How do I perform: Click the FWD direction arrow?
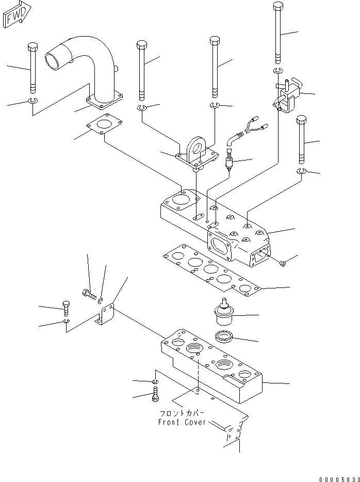[x=17, y=15]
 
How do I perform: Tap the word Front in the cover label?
[x=169, y=422]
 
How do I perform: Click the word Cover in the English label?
[x=195, y=422]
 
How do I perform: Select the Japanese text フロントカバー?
[x=182, y=413]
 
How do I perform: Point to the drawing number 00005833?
[x=339, y=479]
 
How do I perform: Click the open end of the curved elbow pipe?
[x=52, y=61]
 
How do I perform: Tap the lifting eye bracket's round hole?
[x=197, y=147]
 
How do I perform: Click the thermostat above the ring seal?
[x=224, y=312]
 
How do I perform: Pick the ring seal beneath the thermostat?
[x=224, y=336]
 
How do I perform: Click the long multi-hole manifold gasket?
[x=211, y=270]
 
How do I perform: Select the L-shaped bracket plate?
[x=105, y=314]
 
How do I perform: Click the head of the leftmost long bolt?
[x=33, y=47]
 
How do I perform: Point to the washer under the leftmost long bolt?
[x=33, y=101]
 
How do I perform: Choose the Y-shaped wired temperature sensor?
[x=242, y=142]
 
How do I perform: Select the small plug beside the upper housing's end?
[x=283, y=263]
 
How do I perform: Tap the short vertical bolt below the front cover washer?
[x=155, y=394]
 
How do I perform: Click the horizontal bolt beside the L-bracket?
[x=89, y=294]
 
